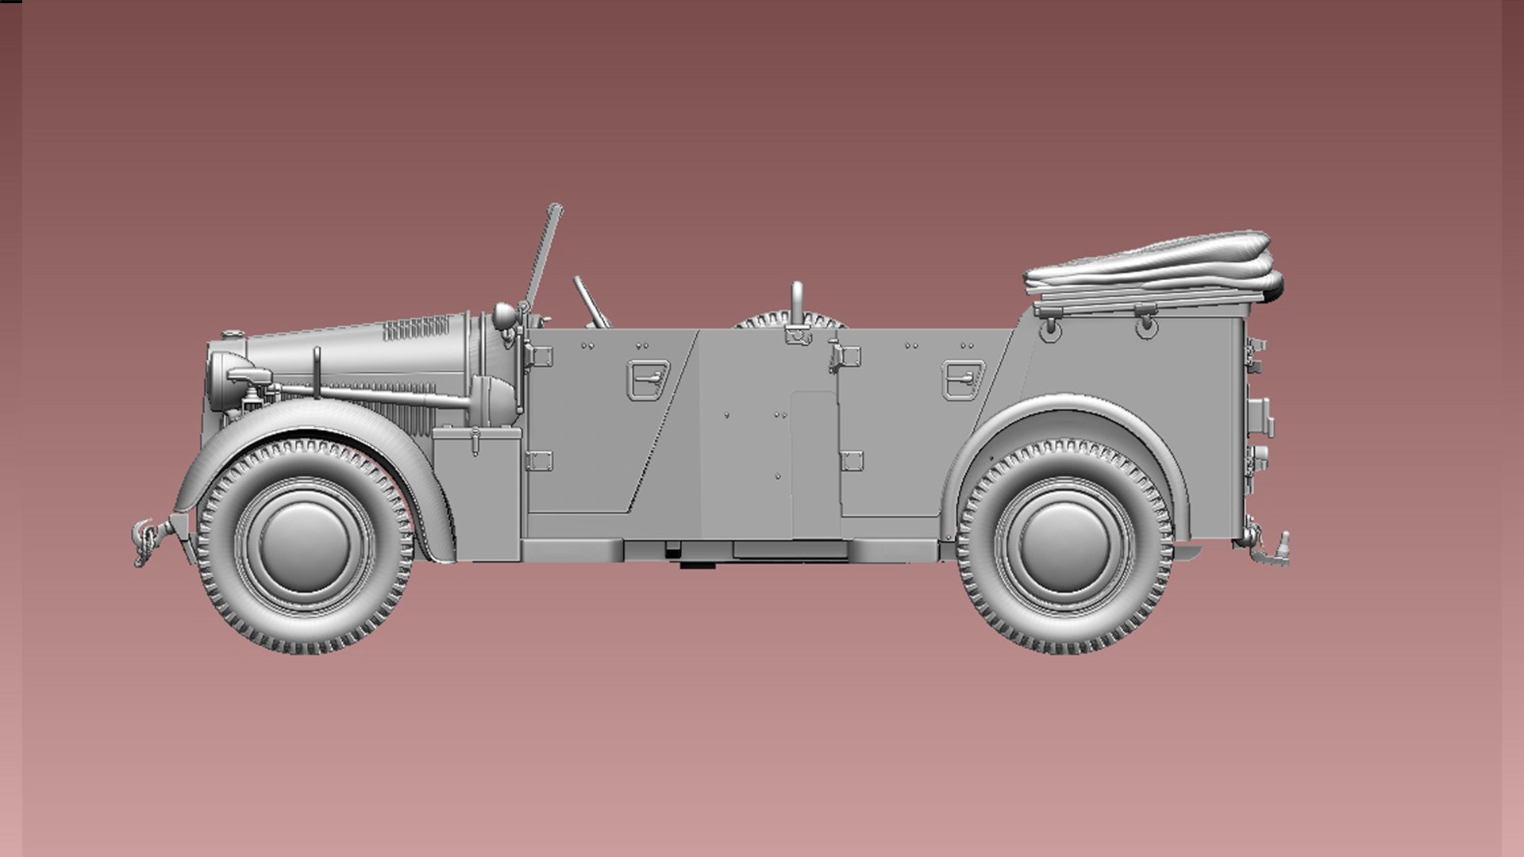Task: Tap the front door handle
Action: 649,379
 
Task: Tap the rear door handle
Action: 963,379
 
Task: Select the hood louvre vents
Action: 417,328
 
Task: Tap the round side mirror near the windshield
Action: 504,316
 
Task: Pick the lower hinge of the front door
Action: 539,460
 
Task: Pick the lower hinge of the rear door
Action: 852,460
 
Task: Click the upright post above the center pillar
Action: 796,302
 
